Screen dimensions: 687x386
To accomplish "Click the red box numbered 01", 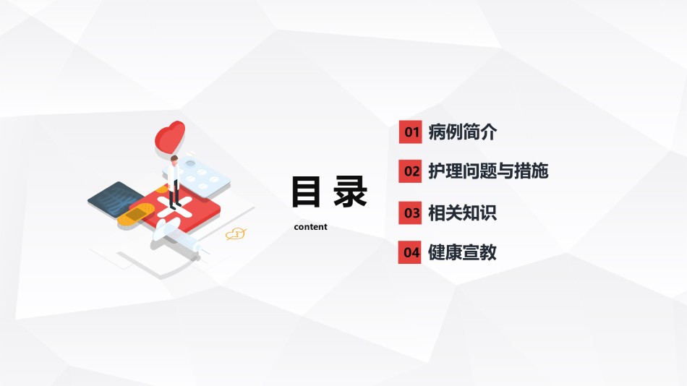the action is [411, 132].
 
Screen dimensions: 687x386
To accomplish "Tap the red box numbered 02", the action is [411, 171].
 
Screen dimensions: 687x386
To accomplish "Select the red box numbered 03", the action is [410, 213].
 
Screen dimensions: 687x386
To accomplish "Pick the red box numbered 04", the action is [409, 252].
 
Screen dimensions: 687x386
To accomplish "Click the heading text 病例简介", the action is [462, 132].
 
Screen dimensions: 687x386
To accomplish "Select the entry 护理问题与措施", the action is [488, 171].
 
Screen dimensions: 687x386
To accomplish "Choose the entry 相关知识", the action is [462, 213].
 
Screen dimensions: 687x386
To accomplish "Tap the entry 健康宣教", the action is [462, 252].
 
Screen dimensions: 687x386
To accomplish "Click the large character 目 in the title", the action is [306, 192].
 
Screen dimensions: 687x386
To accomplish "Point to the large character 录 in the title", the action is [349, 192].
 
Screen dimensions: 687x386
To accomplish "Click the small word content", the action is [311, 227].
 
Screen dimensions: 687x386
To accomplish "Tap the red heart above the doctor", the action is [170, 137].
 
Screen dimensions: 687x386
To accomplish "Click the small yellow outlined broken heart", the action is [235, 234].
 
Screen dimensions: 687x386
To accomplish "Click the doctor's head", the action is [174, 160].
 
